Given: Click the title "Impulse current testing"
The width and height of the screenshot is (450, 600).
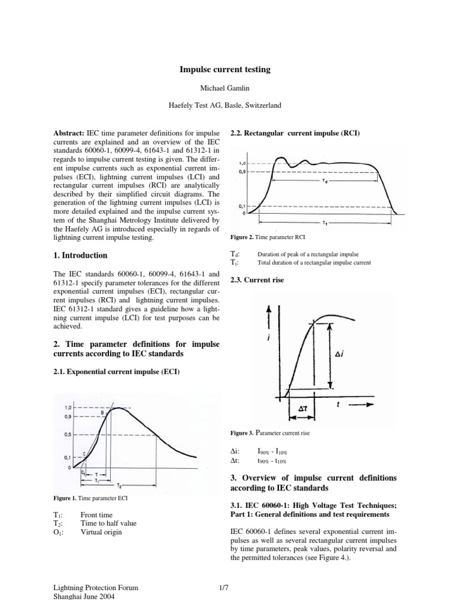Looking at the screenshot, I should pos(225,70).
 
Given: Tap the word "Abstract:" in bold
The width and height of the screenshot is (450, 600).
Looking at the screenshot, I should pos(69,133).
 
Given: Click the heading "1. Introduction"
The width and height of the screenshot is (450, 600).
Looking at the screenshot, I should pos(80,255).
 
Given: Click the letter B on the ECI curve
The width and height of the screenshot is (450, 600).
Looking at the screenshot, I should pos(103,412).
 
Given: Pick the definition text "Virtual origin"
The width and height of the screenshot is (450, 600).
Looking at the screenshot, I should pos(103,532).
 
